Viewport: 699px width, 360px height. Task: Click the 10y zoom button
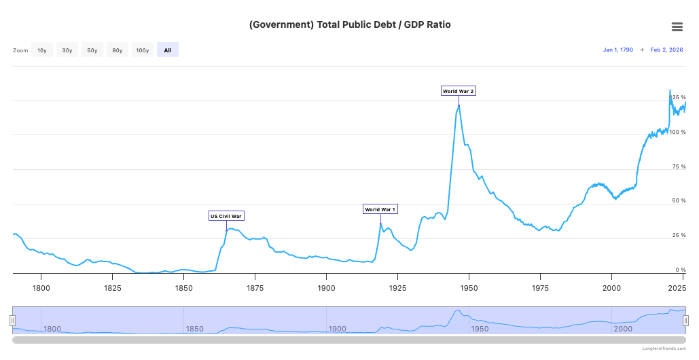42,50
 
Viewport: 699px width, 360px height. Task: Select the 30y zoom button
67,50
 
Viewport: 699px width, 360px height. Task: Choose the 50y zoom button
92,50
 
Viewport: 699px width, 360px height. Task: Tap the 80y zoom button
118,50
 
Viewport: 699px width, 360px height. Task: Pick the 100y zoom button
143,50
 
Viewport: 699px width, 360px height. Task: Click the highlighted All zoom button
168,50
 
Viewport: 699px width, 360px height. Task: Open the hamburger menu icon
677,26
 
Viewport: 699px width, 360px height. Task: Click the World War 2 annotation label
458,91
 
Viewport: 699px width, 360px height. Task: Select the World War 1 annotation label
380,209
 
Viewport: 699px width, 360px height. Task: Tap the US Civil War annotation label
226,216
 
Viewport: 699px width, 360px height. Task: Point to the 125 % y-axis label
679,98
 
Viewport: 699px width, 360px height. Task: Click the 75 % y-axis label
679,166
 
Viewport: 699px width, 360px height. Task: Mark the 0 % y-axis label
681,270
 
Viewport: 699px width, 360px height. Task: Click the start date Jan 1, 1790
618,50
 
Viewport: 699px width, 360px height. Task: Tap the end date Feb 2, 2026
666,50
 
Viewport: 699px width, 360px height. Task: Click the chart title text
350,25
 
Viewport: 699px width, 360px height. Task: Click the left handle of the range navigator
12,320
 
